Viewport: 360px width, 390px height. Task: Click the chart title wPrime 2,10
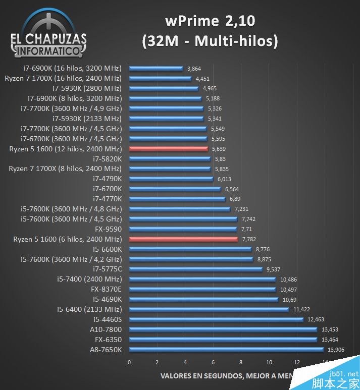(210, 21)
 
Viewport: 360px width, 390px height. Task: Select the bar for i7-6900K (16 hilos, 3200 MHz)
(156, 68)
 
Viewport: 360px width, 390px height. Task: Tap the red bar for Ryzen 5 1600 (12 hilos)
(169, 149)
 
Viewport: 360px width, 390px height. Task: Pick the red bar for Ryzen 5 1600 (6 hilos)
(183, 239)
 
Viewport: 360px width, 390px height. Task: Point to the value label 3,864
(194, 68)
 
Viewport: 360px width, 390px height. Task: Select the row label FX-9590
(108, 229)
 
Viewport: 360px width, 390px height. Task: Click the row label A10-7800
(107, 329)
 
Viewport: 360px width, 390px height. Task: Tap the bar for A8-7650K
(226, 350)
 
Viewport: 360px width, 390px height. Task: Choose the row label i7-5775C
(107, 269)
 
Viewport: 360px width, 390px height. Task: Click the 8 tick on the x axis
(241, 362)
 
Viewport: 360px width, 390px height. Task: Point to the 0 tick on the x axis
(129, 362)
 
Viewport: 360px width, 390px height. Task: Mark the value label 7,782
(249, 239)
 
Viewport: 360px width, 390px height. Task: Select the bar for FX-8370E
(202, 289)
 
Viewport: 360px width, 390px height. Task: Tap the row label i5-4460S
(107, 319)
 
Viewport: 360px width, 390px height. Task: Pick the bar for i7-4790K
(171, 179)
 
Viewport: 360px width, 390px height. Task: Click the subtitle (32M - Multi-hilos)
(210, 41)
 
